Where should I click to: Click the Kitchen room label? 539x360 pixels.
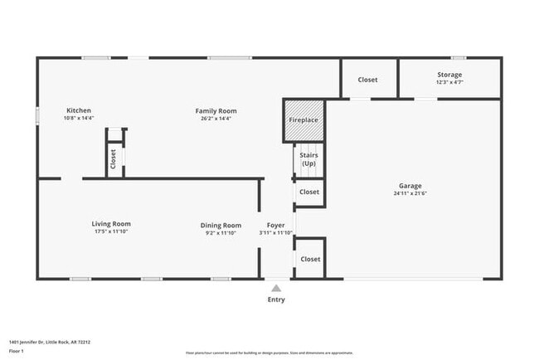point(79,110)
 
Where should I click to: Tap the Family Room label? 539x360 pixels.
point(216,110)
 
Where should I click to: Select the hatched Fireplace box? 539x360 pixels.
point(303,120)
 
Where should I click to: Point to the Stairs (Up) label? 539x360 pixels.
point(308,158)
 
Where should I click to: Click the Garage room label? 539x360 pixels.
point(410,186)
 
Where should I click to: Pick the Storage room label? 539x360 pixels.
point(449,75)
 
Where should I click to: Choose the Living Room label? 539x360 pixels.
point(110,223)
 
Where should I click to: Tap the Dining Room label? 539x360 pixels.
point(221,225)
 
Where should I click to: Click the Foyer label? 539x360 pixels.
point(275,225)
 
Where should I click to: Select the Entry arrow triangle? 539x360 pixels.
point(276,288)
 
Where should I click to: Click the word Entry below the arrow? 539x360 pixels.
point(276,299)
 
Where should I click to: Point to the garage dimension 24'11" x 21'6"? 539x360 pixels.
point(410,193)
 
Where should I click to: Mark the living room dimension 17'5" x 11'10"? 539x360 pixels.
point(110,232)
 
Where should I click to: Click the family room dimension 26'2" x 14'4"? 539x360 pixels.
point(216,119)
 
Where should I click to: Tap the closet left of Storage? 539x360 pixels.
point(367,80)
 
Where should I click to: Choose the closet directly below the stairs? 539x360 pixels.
point(309,192)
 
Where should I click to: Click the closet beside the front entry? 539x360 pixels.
point(310,259)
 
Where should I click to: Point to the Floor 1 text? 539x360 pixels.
point(17,351)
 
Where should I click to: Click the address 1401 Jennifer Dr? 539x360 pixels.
point(49,341)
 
